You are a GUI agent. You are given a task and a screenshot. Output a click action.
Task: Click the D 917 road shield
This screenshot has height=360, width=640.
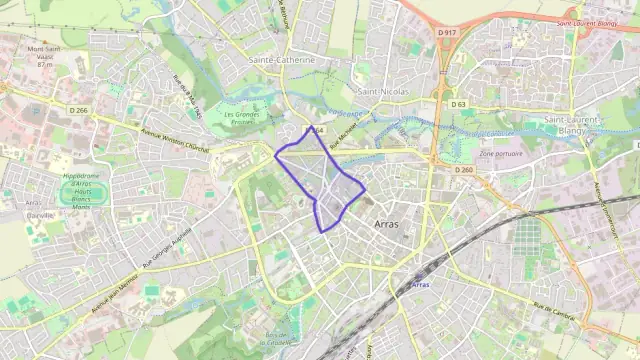pyautogui.click(x=447, y=33)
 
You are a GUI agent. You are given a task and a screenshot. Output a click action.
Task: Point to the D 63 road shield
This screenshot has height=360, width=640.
pyautogui.click(x=458, y=104)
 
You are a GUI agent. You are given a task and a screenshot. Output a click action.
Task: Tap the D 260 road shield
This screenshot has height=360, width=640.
pyautogui.click(x=463, y=170)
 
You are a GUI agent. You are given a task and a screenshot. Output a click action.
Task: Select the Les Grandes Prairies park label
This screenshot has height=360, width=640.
pyautogui.click(x=247, y=118)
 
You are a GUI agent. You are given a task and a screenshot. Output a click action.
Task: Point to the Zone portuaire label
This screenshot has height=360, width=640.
pyautogui.click(x=501, y=154)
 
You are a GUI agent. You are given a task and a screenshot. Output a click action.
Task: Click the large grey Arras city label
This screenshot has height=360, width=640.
pyautogui.click(x=385, y=224)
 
